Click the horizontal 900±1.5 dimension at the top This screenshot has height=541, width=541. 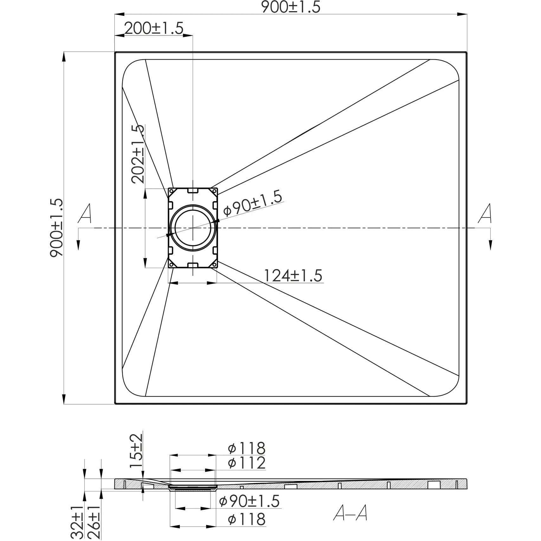(x=291, y=7)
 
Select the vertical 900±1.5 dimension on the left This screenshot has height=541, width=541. (x=57, y=228)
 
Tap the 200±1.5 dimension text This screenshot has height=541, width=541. (x=154, y=29)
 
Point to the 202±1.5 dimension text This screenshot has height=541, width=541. (x=138, y=154)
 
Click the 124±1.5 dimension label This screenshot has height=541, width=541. (x=293, y=275)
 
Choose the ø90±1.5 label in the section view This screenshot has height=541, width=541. (x=249, y=501)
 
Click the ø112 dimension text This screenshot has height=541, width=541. (x=247, y=463)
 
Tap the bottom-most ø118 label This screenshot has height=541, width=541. (x=247, y=519)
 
